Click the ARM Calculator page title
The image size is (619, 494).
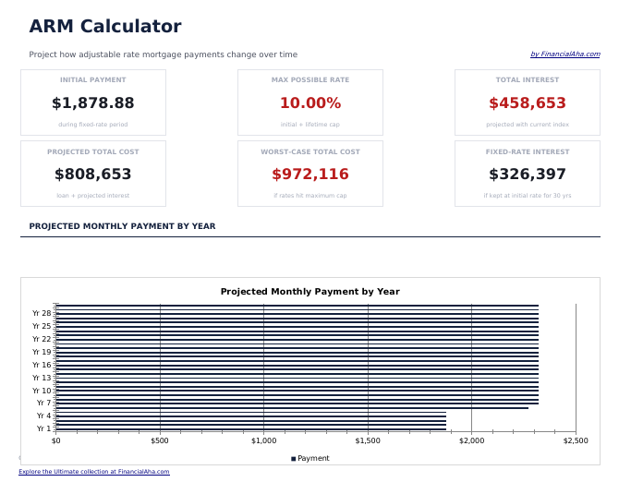(104, 27)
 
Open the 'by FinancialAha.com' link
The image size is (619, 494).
(564, 54)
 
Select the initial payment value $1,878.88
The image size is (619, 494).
(92, 103)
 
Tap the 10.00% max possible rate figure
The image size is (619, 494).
(309, 103)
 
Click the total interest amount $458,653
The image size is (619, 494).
(527, 103)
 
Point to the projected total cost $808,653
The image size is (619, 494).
(92, 175)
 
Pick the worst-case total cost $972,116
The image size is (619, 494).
(309, 175)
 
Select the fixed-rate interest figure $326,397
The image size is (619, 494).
(527, 175)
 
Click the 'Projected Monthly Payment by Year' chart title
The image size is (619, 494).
(309, 292)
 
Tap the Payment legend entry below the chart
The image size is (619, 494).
(310, 458)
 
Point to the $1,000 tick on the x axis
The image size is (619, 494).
(264, 441)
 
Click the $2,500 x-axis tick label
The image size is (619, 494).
(575, 441)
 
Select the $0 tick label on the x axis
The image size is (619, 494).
(56, 441)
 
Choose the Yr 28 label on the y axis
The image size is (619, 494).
(42, 313)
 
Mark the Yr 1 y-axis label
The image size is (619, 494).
(43, 428)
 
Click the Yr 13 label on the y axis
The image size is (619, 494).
(42, 378)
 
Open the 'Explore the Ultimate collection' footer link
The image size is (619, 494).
(93, 472)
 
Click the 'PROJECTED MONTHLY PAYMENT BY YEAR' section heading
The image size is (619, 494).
(122, 226)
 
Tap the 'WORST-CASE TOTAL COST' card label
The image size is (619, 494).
(309, 151)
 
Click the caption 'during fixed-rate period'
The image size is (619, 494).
(92, 125)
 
